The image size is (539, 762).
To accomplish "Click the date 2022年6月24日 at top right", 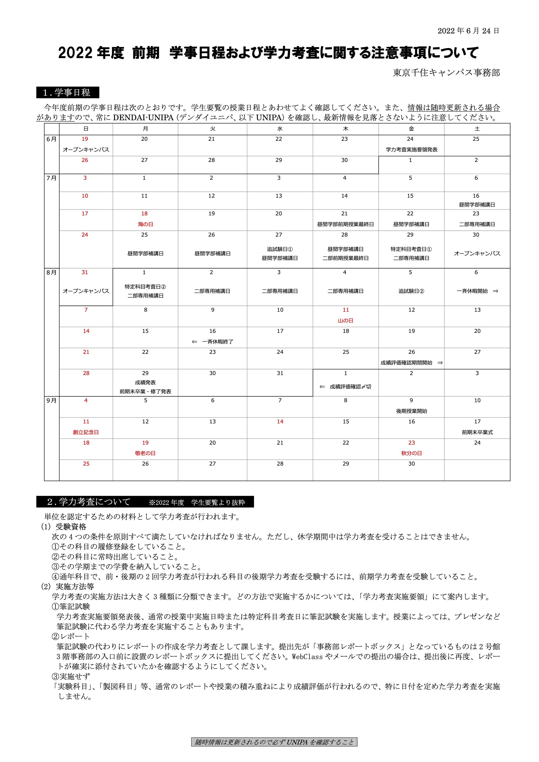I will tap(468, 31).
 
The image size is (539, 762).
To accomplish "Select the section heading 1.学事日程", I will tap(67, 92).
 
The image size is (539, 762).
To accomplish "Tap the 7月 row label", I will tap(51, 178).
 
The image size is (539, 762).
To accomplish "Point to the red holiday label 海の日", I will tap(145, 224).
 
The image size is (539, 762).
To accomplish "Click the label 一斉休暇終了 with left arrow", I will tap(213, 342).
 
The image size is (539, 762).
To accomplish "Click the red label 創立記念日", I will tap(86, 432).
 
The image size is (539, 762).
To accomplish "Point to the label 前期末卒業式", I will tap(477, 432).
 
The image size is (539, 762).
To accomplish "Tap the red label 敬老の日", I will tap(145, 453).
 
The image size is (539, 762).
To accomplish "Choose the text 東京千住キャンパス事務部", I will tap(446, 73).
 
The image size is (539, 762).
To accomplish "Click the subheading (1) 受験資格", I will tap(64, 526).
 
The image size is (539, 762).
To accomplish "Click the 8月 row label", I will tap(51, 273).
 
